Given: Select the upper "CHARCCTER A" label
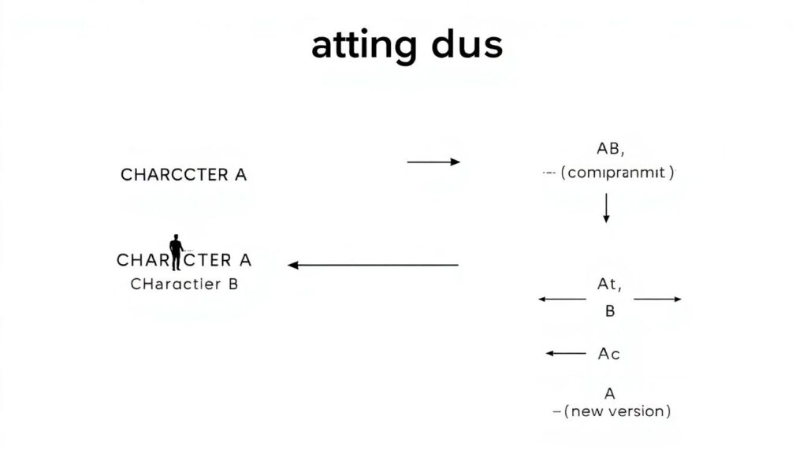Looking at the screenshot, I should (x=184, y=175).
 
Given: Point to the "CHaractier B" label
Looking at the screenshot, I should (x=184, y=284).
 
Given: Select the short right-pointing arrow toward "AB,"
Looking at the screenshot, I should (x=433, y=162).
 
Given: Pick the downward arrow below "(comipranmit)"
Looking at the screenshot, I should (x=606, y=207).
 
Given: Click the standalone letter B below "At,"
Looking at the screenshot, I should (x=609, y=311).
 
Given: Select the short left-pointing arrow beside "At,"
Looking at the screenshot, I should (x=562, y=299).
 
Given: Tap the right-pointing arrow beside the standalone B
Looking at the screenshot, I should (x=657, y=299).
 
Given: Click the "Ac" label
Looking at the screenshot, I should (x=608, y=354).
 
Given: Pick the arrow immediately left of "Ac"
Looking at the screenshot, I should (x=566, y=354).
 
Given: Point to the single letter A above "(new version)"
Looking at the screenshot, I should (x=609, y=393).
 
